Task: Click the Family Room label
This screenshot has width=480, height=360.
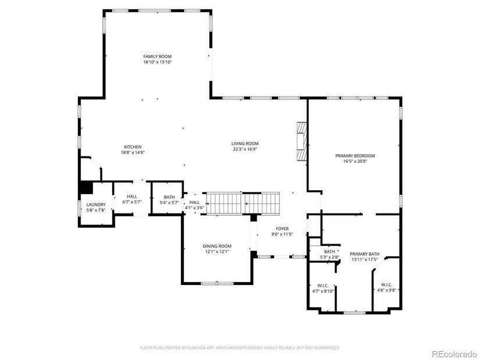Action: point(157,56)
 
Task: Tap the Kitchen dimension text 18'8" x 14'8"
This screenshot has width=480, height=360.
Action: point(133,152)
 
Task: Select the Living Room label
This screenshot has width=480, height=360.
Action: point(245,143)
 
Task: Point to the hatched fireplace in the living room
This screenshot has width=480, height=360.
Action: point(301,141)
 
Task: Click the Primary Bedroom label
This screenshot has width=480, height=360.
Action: point(355,156)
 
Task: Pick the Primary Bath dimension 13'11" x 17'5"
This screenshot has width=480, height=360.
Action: point(365,259)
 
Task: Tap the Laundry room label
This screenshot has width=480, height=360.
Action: point(96,205)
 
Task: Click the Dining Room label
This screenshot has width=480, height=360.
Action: point(217,246)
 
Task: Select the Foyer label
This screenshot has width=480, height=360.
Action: point(282,229)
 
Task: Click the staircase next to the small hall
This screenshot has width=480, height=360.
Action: point(243,203)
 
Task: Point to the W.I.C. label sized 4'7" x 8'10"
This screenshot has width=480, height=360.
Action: point(323,286)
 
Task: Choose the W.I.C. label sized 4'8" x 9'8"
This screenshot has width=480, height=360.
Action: point(386,284)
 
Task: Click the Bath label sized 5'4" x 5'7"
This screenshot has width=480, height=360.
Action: point(169,197)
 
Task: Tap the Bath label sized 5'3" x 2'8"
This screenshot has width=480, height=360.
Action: point(329,252)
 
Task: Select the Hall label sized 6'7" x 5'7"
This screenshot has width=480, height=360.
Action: point(132,197)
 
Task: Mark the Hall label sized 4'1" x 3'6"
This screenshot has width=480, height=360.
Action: point(194,202)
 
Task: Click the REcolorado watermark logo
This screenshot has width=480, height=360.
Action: point(454,354)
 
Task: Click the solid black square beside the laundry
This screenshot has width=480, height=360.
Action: point(86,188)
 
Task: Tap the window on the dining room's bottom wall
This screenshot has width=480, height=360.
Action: point(217,283)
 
